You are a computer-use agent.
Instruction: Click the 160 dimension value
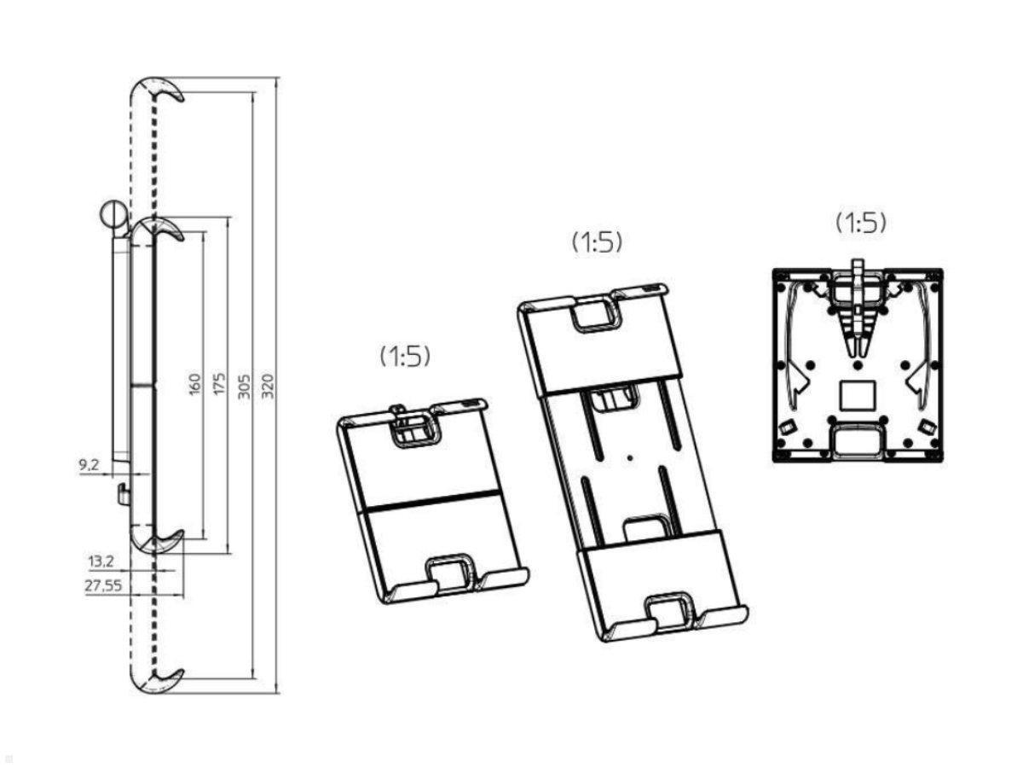(195, 384)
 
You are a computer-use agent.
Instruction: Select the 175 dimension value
(219, 383)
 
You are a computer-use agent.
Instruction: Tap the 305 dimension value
(244, 386)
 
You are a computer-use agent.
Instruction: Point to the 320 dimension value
(268, 385)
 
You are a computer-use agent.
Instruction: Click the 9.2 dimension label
(89, 464)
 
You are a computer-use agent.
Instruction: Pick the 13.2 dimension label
(101, 561)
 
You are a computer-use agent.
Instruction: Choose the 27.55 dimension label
(103, 585)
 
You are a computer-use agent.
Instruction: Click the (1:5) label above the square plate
(860, 223)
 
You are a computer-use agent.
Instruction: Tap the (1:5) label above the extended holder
(597, 242)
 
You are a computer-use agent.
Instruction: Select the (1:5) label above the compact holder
(405, 357)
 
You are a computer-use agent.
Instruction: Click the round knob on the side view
(113, 213)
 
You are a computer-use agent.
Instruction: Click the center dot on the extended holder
(630, 458)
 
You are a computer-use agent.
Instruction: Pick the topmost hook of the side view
(157, 91)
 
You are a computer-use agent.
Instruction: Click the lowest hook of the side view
(157, 681)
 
